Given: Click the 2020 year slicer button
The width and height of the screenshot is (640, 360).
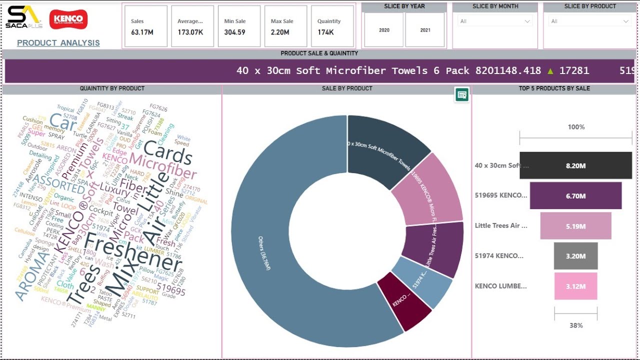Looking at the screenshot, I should point(384,30).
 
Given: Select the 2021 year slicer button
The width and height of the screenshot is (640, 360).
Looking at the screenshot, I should point(425,30).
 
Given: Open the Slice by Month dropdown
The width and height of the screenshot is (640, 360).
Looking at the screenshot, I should point(495,21).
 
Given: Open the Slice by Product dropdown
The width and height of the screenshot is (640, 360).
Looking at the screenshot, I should point(590,21).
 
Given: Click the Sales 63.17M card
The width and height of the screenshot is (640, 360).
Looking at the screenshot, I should point(145,26).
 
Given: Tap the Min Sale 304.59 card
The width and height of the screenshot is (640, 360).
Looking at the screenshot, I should point(239,26).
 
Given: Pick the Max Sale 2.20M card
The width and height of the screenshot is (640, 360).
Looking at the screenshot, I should point(285,26).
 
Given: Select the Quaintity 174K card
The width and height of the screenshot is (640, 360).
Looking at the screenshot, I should point(332,26).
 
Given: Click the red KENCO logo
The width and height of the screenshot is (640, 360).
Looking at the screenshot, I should point(68,19).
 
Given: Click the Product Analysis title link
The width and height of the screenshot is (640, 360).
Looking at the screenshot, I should point(58,43).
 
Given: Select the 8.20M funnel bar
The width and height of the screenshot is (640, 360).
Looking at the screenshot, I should point(575,165).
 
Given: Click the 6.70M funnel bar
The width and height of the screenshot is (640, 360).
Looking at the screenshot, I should point(575,196).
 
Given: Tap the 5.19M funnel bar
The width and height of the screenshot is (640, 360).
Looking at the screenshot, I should point(575,226).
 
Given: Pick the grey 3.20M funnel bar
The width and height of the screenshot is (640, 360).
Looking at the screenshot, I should point(575,256).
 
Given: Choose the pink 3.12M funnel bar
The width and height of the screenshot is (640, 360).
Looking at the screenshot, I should point(575,286).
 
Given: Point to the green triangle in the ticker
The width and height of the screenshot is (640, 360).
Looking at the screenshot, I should point(550,71).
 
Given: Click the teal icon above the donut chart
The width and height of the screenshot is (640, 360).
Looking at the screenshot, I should point(462,94).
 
